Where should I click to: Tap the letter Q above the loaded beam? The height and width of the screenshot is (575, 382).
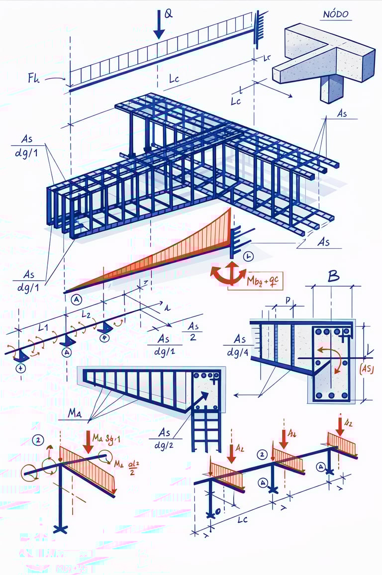point(169,14)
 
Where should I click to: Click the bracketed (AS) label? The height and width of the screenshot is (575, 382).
point(367,369)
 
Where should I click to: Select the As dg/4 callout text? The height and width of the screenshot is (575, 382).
point(240,345)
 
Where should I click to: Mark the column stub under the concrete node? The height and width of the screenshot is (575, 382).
point(332,88)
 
